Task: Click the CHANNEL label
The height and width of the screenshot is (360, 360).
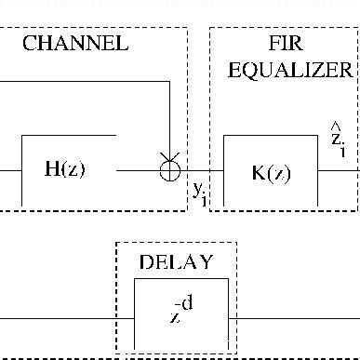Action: pos(75,44)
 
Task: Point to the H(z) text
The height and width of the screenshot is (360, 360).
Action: pos(68,169)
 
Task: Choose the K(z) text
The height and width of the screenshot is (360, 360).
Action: pos(271,171)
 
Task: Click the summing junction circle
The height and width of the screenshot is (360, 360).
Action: pos(169,170)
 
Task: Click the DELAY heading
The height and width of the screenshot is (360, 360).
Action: pos(176,261)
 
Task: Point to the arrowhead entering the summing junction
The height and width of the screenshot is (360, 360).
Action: pos(169,157)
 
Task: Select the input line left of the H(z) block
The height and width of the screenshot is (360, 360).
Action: pos(9,170)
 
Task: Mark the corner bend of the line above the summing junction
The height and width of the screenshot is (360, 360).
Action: pos(169,83)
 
